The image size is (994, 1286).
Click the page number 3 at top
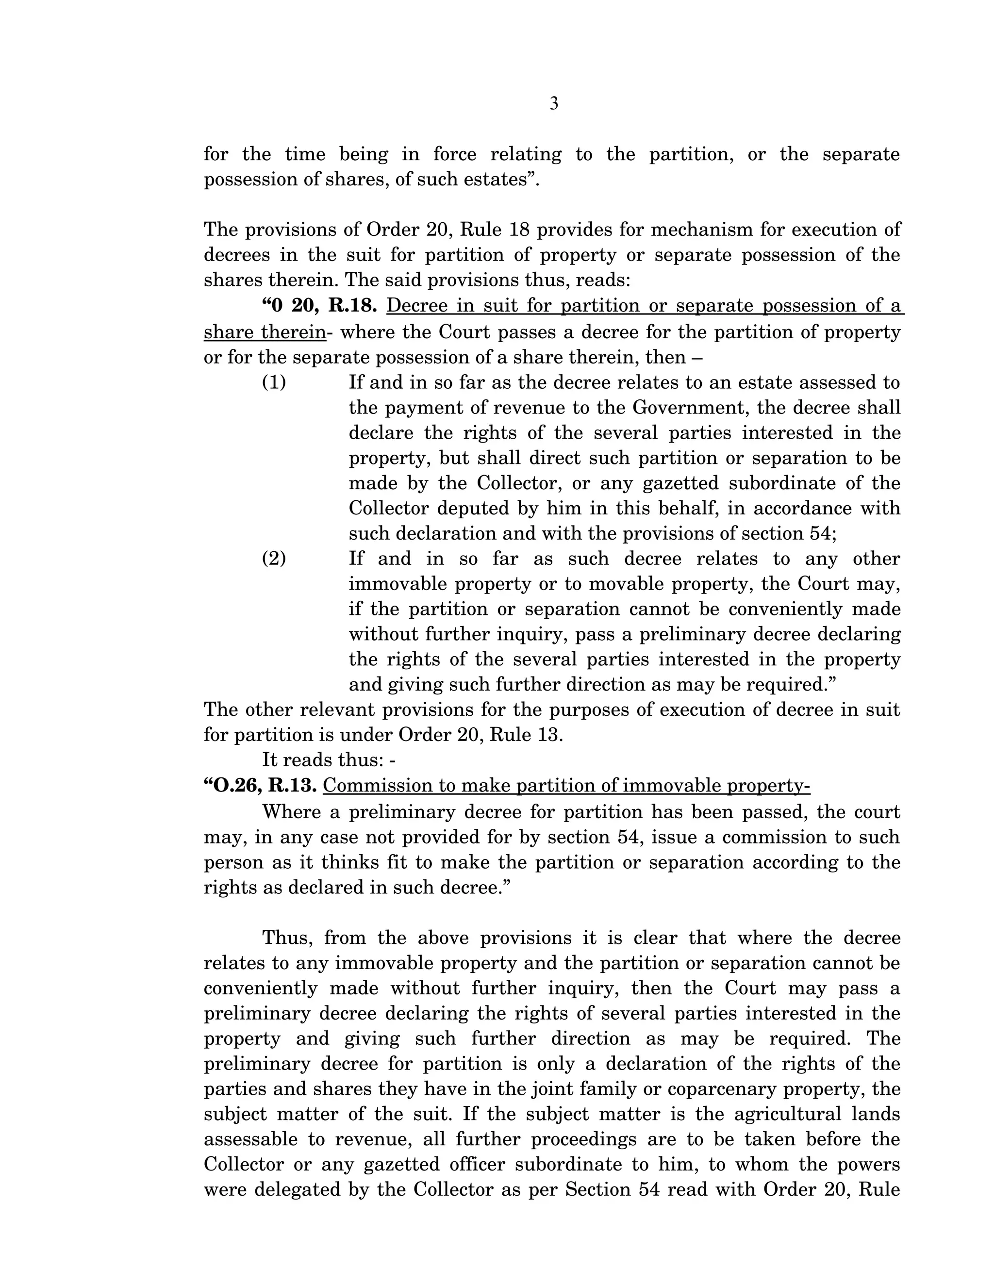[x=553, y=104]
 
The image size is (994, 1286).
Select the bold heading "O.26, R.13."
[x=260, y=786]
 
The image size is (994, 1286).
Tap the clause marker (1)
[x=274, y=383]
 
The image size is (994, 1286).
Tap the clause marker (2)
[x=274, y=559]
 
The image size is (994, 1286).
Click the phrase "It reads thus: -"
[x=329, y=760]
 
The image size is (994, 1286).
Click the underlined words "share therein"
[x=265, y=333]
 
